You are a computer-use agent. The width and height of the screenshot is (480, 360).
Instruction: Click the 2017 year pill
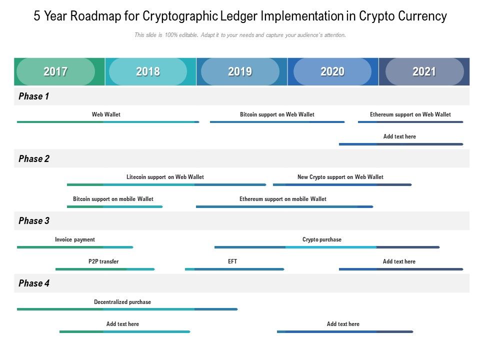point(55,71)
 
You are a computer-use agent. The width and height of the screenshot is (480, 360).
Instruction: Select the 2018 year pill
point(148,71)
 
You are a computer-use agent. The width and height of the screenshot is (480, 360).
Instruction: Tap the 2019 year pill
point(240,71)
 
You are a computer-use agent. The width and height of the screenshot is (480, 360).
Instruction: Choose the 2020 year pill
point(332,71)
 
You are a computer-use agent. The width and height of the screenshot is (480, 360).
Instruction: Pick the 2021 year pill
point(424,71)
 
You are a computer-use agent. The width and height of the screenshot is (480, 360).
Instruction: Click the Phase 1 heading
point(33,96)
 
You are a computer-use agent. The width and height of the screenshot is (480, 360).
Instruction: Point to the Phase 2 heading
point(33,159)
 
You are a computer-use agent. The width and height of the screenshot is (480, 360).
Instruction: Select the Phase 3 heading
point(33,221)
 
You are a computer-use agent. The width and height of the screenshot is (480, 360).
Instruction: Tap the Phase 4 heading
point(33,283)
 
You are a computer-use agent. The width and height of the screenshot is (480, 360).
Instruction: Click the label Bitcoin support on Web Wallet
point(277,114)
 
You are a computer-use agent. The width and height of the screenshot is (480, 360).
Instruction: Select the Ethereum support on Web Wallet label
point(410,114)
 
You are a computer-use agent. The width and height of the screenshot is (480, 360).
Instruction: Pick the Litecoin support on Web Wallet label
point(165,177)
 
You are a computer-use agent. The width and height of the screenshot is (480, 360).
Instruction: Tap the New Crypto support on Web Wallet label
point(340,177)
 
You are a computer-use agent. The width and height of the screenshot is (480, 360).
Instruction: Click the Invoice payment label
point(75,239)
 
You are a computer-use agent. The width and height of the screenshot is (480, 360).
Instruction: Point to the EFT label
point(232,261)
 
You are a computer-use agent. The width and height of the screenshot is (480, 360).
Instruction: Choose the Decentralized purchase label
point(122,302)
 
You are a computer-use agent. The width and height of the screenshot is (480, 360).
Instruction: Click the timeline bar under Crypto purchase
point(327,247)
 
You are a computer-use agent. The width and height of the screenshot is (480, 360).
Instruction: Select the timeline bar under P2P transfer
point(105,269)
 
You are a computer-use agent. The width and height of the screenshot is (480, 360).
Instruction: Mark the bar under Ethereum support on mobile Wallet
point(284,206)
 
